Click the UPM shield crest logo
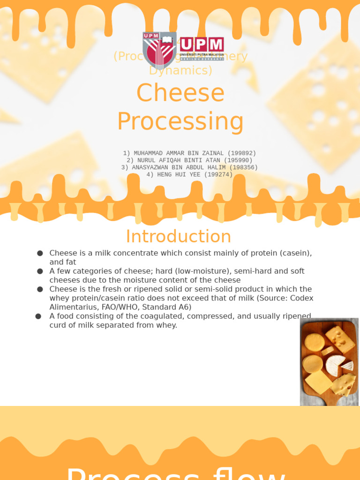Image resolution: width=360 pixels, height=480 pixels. click(159, 50)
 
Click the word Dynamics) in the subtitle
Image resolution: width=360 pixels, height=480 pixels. click(180, 70)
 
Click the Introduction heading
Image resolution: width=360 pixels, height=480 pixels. click(179, 236)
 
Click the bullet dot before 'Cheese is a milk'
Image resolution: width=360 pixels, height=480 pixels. click(40, 253)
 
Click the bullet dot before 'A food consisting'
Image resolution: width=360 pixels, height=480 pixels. click(38, 316)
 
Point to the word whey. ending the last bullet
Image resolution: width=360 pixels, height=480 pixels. click(167, 325)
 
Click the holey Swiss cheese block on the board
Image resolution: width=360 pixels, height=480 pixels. click(340, 338)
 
